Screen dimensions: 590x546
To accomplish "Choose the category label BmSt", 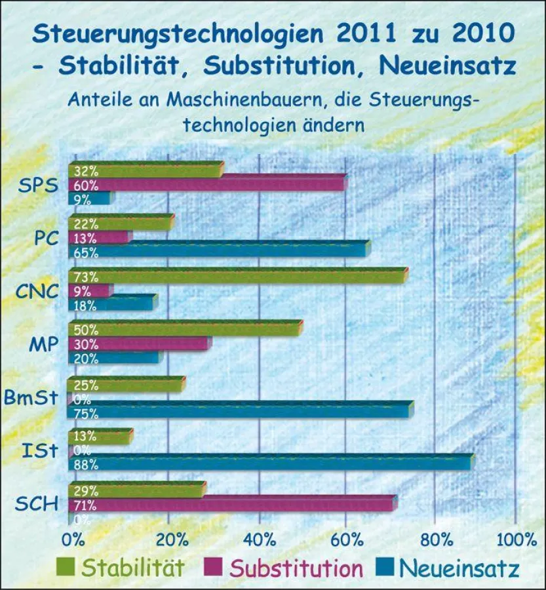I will pos(31,397).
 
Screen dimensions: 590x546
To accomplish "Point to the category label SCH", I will pos(35,504).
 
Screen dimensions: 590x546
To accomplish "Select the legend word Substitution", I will pos(296,568).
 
